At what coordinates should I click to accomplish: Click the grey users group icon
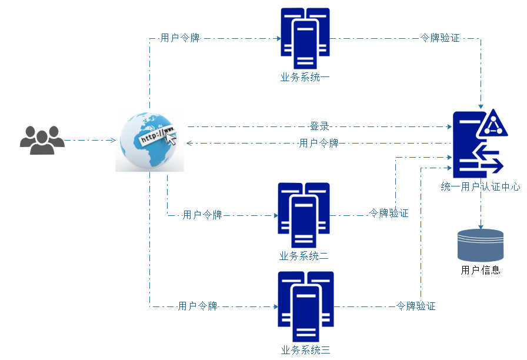pos(42,140)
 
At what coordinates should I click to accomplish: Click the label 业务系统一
pos(305,76)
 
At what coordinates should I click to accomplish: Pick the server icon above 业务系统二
pos(303,215)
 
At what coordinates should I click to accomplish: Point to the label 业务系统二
pos(303,256)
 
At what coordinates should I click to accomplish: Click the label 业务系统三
pos(305,351)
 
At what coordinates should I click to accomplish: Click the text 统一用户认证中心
pos(481,187)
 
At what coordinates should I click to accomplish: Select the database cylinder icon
pos(481,245)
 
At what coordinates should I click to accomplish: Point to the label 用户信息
pos(481,271)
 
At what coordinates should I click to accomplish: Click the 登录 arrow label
pos(319,126)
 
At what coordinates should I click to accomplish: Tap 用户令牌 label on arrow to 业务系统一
pos(180,38)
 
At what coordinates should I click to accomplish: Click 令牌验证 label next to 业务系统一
pos(440,38)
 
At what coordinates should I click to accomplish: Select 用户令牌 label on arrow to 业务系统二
pos(202,215)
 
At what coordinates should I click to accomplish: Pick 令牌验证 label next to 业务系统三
pos(416,306)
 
